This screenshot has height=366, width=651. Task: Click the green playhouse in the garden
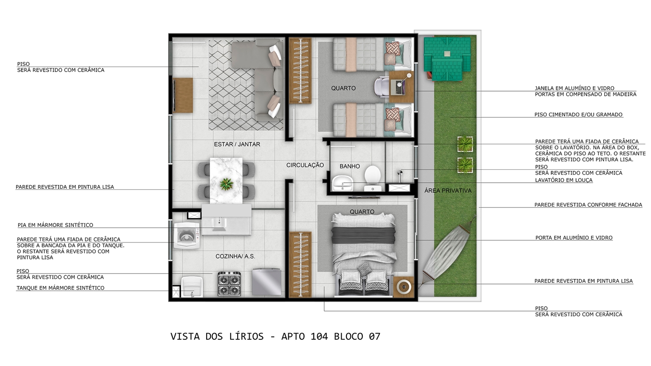[447, 58]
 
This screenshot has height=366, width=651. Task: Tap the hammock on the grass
[448, 251]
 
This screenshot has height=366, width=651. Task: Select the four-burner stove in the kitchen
[229, 284]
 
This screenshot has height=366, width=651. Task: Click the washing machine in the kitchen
[187, 235]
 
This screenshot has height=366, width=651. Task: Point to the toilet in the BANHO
[373, 178]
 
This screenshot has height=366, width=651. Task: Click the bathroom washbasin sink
[343, 183]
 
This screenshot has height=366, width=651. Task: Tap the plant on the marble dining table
[226, 184]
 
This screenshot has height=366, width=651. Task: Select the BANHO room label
[350, 167]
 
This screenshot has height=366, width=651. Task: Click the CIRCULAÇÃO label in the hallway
[305, 165]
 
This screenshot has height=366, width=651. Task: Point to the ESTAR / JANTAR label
[237, 145]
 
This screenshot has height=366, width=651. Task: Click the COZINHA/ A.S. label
[235, 257]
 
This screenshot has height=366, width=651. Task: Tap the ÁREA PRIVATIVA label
[448, 191]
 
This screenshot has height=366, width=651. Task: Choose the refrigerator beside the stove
[267, 282]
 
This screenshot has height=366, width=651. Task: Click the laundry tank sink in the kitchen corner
[192, 287]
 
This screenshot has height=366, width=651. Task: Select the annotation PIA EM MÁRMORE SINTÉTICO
[55, 225]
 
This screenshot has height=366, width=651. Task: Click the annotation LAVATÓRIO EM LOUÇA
[564, 180]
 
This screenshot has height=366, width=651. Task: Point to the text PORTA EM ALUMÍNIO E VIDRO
[574, 238]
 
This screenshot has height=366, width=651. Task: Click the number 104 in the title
[319, 336]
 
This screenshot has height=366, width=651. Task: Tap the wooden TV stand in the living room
[183, 95]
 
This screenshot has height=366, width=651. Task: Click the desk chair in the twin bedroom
[381, 86]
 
